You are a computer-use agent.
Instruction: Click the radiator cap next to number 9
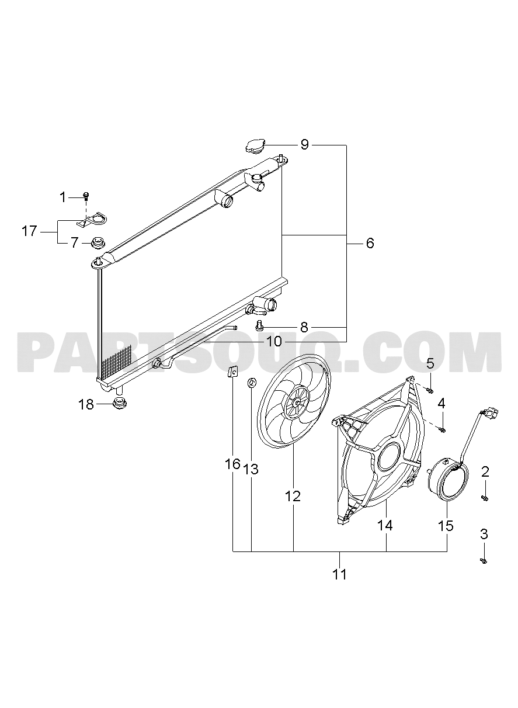click(x=255, y=147)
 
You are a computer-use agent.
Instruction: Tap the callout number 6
click(x=370, y=244)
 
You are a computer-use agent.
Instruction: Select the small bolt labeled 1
click(x=86, y=196)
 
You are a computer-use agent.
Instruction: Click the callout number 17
click(x=29, y=231)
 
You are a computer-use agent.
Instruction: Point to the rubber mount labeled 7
click(x=98, y=244)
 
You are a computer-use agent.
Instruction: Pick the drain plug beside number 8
click(x=259, y=325)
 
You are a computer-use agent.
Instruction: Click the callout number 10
click(x=274, y=341)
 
